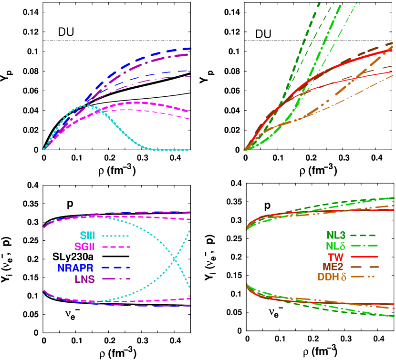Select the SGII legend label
point(85,247)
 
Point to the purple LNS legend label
point(84,279)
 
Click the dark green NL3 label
point(336,236)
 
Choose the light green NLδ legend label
point(336,246)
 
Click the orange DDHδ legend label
point(332,277)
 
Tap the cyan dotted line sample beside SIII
point(116,236)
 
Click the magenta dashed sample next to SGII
point(116,247)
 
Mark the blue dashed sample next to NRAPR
point(116,268)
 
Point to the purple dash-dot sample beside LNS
point(116,279)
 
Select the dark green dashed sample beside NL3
point(365,236)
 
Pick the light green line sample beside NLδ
point(365,246)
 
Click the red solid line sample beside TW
point(365,257)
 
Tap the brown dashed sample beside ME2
point(365,267)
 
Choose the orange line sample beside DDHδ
point(365,277)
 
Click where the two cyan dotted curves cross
point(175,259)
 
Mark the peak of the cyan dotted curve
point(86,105)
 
